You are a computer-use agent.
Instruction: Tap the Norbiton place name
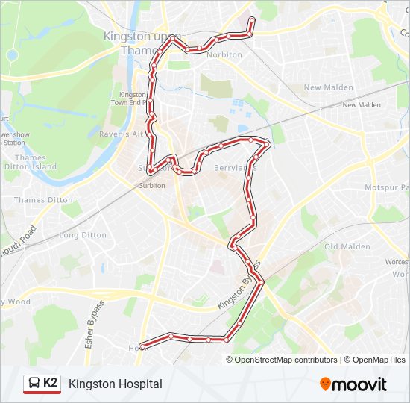(x=224, y=55)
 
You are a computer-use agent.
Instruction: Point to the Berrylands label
(x=235, y=168)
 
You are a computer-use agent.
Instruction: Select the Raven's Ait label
(x=121, y=134)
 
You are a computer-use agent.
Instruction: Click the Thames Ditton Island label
(x=35, y=163)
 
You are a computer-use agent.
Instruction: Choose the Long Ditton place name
(x=83, y=235)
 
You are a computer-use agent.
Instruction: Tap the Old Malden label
(x=347, y=247)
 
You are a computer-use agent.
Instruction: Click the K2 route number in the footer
(x=51, y=383)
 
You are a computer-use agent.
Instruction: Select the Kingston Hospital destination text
(x=116, y=384)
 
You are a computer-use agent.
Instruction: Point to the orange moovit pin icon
(x=326, y=384)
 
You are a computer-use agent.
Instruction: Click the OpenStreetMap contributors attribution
(x=286, y=360)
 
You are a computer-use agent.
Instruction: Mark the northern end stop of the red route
(x=252, y=20)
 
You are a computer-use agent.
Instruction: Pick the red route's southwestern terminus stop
(x=142, y=346)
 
